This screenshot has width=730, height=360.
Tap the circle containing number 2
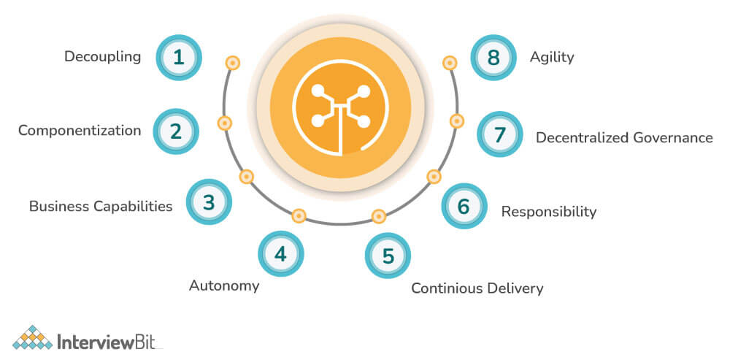[x=176, y=131]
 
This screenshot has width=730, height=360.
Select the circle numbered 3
[x=209, y=202]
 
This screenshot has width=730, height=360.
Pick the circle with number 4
[x=280, y=254]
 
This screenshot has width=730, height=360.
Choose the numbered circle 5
[x=388, y=256]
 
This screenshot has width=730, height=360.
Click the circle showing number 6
[x=464, y=206]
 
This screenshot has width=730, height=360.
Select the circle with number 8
[x=493, y=57]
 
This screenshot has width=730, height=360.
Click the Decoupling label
[x=102, y=56]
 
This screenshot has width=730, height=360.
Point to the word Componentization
[x=80, y=131]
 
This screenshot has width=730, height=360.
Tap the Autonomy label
[x=224, y=286]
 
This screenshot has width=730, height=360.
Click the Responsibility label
[x=548, y=212]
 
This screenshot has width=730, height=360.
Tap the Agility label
[x=552, y=57]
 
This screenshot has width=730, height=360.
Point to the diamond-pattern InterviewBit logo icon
[x=31, y=337]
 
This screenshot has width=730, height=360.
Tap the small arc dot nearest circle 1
[x=232, y=64]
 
